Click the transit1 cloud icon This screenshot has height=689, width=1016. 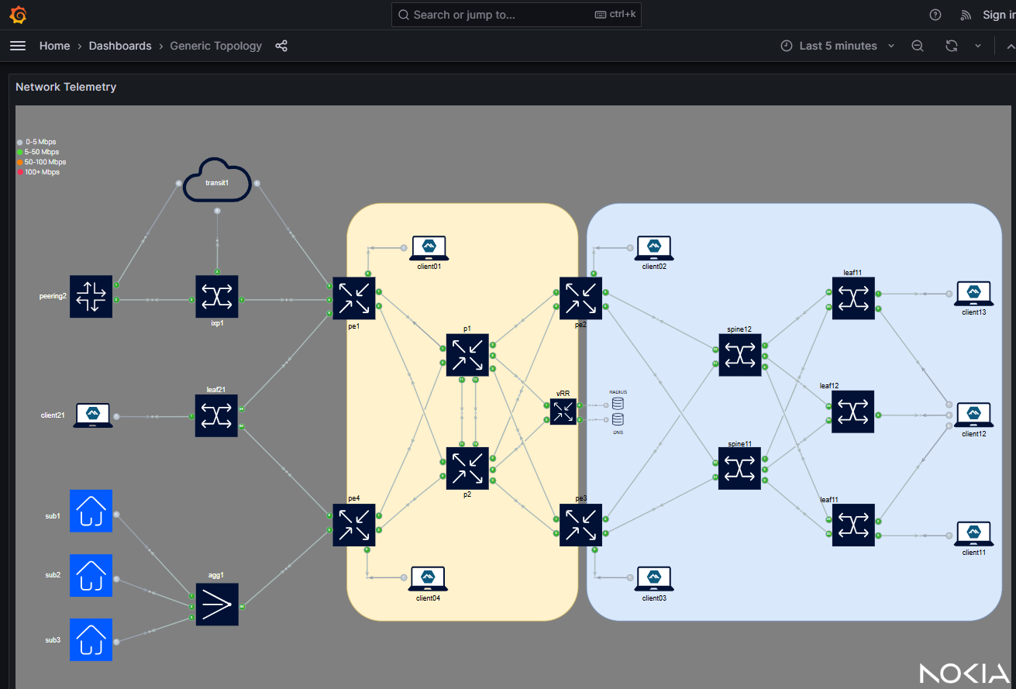pos(217,181)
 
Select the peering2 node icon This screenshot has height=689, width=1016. pos(91,297)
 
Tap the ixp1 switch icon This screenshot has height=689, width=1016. pos(217,297)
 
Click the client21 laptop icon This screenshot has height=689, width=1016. pos(93,415)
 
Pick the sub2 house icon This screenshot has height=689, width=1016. pos(91,575)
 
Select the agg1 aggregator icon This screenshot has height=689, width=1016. pos(217,604)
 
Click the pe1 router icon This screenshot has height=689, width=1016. pos(354,298)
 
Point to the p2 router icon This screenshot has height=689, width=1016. pos(467,468)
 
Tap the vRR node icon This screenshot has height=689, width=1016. pos(563,411)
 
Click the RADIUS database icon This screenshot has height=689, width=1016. pos(618,404)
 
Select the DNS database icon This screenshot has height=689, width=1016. pos(618,419)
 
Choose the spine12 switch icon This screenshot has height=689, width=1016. pos(740,355)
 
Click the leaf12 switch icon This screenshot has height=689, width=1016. pos(853,412)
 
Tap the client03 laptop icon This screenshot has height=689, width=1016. pos(655,578)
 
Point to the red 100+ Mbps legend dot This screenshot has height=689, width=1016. pos(20,172)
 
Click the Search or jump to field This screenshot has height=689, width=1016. pos(516,15)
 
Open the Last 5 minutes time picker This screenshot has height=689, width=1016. pos(837,46)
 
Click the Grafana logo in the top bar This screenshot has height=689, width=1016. pos(18,15)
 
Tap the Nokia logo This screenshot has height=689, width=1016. pos(964,673)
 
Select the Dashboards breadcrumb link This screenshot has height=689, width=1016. pos(120,46)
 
